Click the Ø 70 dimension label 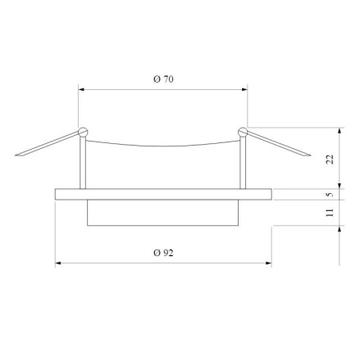(x=163, y=79)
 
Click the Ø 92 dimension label (x=163, y=253)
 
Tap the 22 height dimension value (x=330, y=159)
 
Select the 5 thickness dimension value (x=330, y=195)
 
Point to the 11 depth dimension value (x=330, y=212)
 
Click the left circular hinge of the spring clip (x=83, y=132)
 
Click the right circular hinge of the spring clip (x=243, y=132)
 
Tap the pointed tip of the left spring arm (x=16, y=155)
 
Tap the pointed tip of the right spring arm (x=311, y=155)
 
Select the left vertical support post (x=83, y=163)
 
